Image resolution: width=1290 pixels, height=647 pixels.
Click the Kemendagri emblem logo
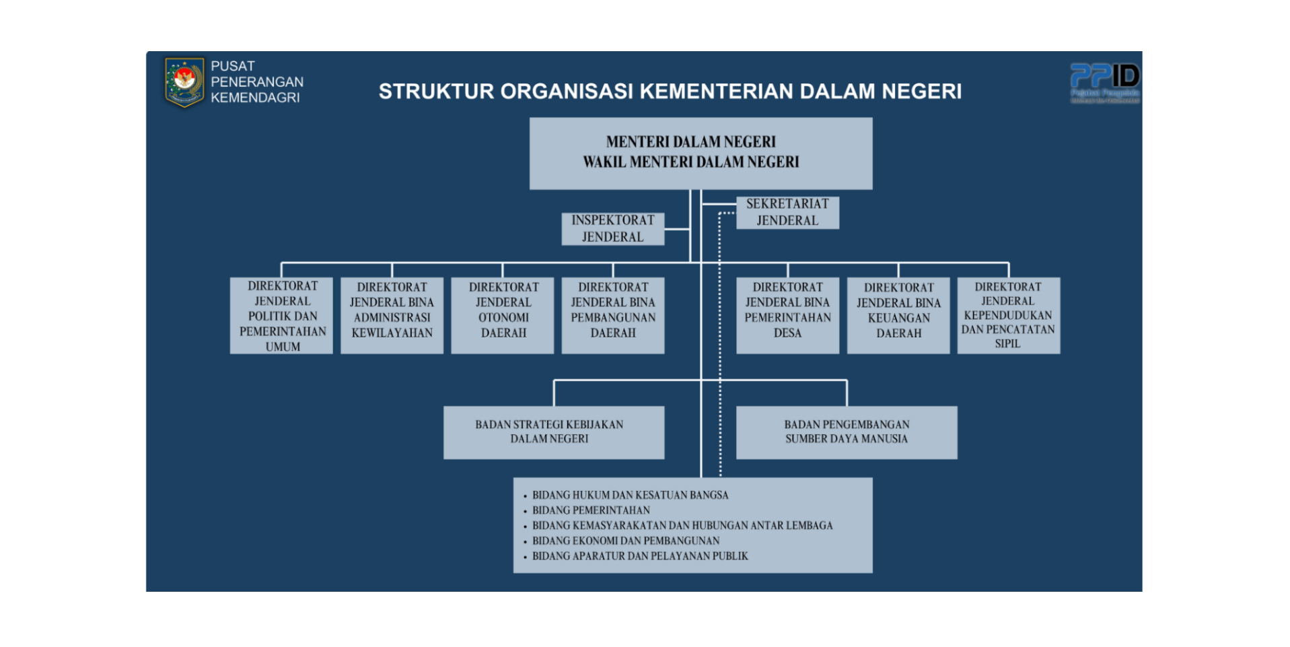tap(184, 82)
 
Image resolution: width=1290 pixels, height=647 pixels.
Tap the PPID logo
tap(1104, 81)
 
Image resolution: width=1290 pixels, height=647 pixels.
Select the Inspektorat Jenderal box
tap(612, 229)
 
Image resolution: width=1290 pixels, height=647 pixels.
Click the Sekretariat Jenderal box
tap(787, 212)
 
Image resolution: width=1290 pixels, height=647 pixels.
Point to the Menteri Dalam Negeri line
tap(690, 142)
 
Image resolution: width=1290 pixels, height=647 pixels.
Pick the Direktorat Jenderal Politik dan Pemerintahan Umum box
tap(282, 316)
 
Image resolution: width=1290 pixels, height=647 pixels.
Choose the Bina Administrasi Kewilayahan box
tap(392, 316)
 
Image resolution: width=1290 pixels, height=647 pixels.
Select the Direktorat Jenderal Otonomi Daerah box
tap(503, 316)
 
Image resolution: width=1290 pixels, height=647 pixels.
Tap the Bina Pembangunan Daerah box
tap(612, 316)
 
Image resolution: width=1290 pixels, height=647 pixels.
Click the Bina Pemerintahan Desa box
tap(787, 316)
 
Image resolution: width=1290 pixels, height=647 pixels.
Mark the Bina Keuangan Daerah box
tap(898, 316)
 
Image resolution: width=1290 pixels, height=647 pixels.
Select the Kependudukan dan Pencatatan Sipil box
tap(1007, 316)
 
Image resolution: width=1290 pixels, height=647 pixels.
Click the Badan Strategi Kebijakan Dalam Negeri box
tap(553, 432)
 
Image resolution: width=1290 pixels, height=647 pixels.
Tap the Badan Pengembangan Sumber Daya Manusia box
tap(846, 432)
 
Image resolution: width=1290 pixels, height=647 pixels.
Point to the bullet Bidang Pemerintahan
tap(591, 510)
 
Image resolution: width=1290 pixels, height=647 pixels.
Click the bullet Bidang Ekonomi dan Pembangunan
tap(625, 541)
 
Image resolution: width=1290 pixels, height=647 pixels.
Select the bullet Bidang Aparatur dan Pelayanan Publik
tap(639, 556)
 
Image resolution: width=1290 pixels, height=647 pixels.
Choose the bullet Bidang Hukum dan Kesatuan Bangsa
tap(630, 495)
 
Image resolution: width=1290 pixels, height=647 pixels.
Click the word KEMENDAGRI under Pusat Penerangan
tap(255, 98)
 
